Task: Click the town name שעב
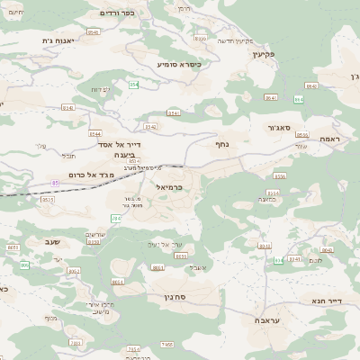click(52, 242)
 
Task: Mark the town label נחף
click(222, 144)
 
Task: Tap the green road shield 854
click(133, 85)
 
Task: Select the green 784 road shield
click(115, 219)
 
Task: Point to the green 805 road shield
click(24, 265)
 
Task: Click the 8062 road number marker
click(74, 270)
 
